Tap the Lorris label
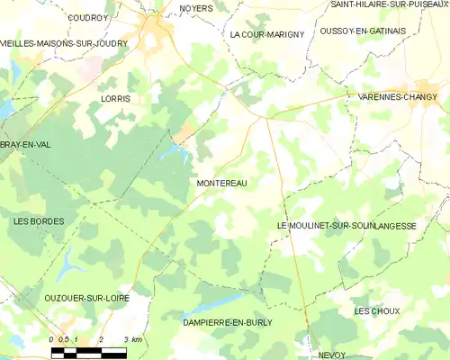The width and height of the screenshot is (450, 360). [x=116, y=98]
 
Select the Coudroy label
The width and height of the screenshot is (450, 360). [x=87, y=17]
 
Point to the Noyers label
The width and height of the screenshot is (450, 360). [x=195, y=8]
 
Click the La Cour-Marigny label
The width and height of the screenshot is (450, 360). [x=267, y=34]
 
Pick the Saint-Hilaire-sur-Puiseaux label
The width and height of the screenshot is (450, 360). [x=388, y=4]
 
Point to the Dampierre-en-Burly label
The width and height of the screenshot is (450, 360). [x=227, y=321]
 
